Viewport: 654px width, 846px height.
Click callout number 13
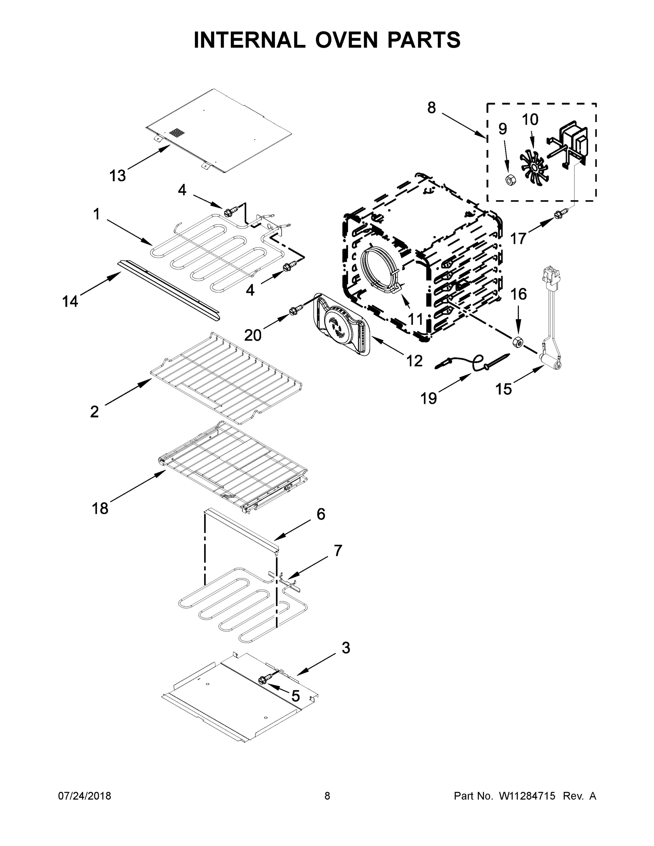[118, 176]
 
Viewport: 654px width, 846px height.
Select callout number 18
[100, 508]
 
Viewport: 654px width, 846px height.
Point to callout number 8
[432, 107]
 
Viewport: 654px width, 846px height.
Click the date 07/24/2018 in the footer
[85, 796]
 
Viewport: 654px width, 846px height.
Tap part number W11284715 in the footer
[527, 796]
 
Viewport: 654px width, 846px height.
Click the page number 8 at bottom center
[327, 796]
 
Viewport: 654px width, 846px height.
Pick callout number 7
[338, 550]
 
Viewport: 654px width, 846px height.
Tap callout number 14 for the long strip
[70, 301]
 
